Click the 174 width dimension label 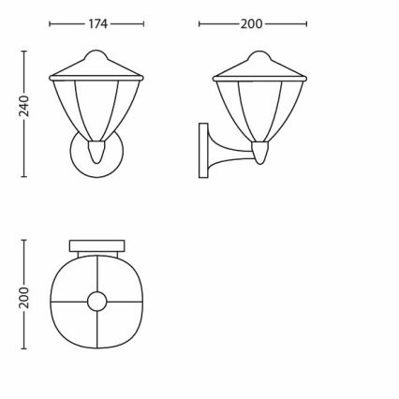tap(97, 24)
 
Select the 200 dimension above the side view tap(251, 24)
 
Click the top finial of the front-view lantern tap(97, 53)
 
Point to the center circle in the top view tap(97, 301)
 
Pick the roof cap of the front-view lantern tap(97, 68)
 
